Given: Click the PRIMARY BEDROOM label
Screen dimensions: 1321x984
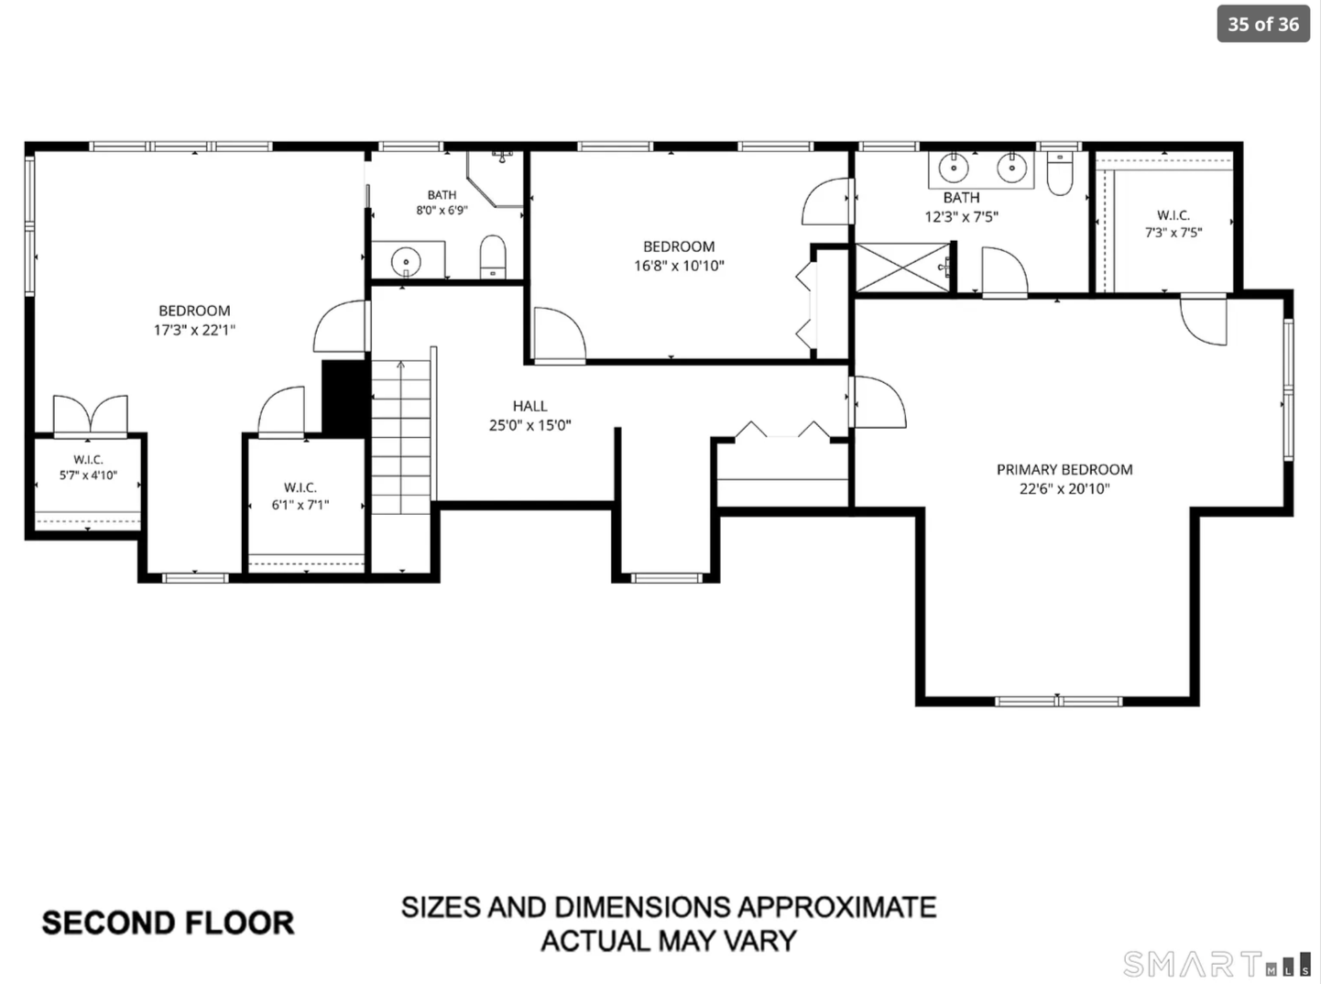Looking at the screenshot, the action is [x=1064, y=469].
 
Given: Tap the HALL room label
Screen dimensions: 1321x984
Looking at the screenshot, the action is [x=529, y=406].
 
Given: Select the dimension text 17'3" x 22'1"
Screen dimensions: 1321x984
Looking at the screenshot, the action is [x=195, y=330].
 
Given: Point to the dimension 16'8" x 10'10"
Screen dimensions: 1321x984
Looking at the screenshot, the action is [x=679, y=266].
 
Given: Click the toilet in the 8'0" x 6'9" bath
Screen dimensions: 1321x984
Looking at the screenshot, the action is [x=493, y=257].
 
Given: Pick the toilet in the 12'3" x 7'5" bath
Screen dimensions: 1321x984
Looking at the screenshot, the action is [x=1060, y=173].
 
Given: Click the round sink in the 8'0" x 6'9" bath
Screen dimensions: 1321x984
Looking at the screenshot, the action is [x=406, y=261].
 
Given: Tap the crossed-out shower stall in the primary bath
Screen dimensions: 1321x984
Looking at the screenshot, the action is [x=903, y=268].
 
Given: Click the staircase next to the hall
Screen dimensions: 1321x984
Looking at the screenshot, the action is [x=401, y=437].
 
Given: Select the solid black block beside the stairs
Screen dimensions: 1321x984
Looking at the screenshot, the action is [x=344, y=399].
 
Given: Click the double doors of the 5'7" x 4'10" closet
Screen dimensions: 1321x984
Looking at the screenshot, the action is [x=91, y=415].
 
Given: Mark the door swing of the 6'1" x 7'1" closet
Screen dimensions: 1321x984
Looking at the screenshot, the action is [x=281, y=411].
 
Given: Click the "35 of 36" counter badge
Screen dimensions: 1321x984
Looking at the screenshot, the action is [x=1263, y=24].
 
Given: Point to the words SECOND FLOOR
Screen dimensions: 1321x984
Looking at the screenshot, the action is [x=168, y=922].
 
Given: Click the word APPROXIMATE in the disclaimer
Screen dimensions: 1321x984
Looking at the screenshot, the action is [x=837, y=907].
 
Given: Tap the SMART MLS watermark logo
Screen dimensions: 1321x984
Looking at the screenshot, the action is [x=1218, y=964].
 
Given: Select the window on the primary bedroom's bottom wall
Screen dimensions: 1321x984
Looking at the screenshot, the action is [x=1058, y=702].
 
